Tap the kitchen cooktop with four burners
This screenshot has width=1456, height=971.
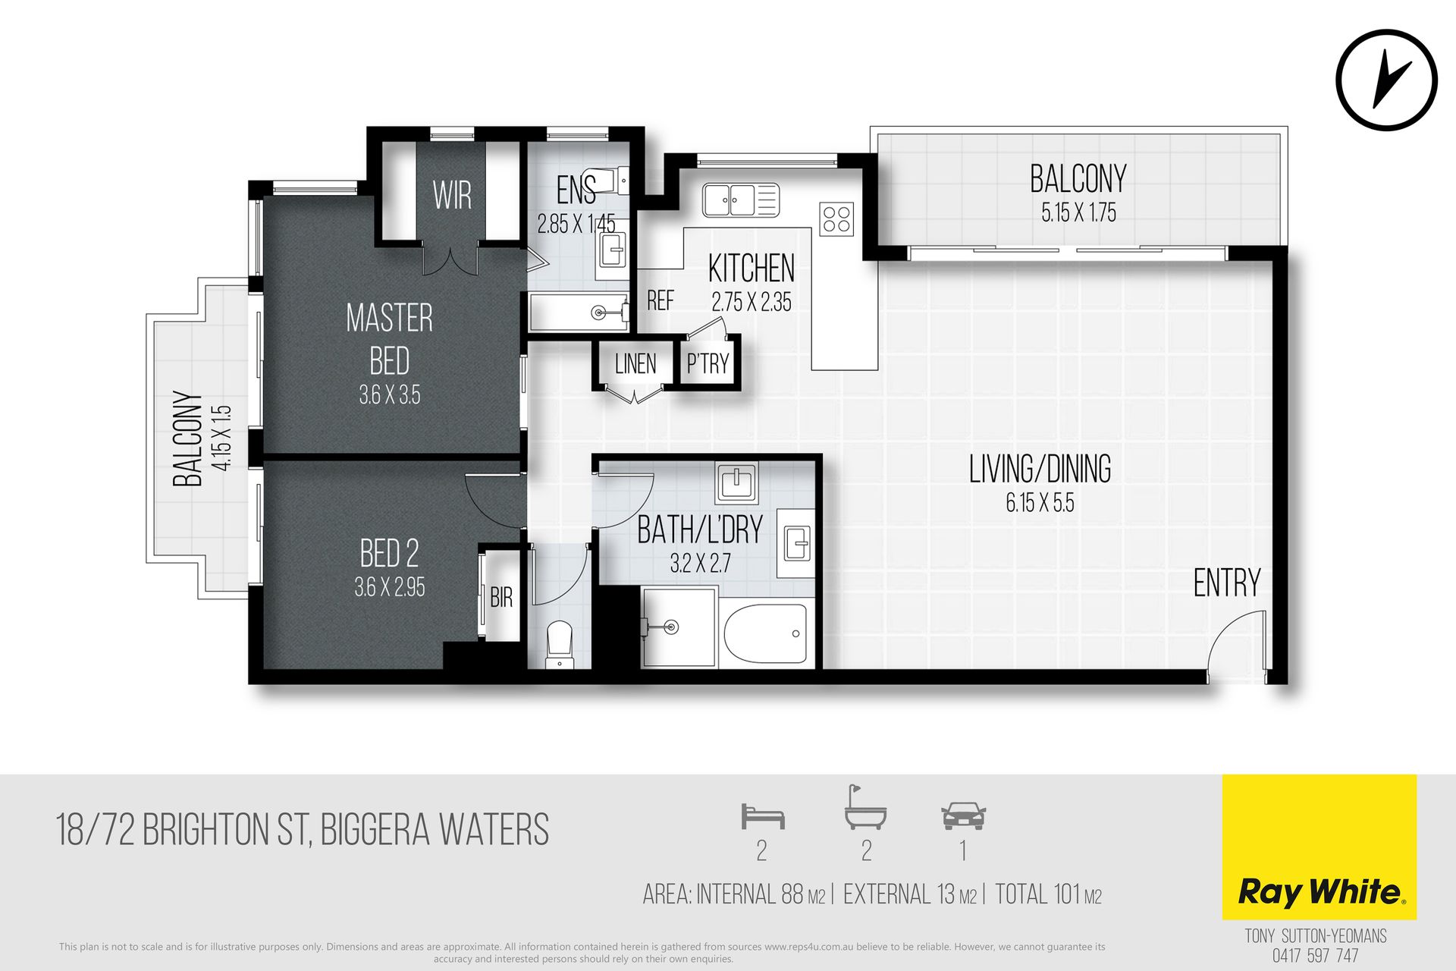pyautogui.click(x=836, y=219)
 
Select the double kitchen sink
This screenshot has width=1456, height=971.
pyautogui.click(x=740, y=200)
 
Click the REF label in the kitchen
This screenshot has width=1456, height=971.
pyautogui.click(x=660, y=301)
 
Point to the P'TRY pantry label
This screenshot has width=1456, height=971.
pyautogui.click(x=708, y=364)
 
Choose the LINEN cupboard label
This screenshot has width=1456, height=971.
pyautogui.click(x=635, y=364)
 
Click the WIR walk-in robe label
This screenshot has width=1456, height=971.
pyautogui.click(x=452, y=196)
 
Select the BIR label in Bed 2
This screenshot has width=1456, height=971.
pyautogui.click(x=501, y=598)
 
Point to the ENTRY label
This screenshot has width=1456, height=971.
pyautogui.click(x=1227, y=583)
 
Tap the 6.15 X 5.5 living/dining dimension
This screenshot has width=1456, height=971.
pyautogui.click(x=1040, y=503)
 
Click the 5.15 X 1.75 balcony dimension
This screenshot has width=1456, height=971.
pyautogui.click(x=1078, y=213)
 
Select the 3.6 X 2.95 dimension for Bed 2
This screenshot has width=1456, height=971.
pyautogui.click(x=390, y=587)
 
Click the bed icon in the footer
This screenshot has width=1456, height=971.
pyautogui.click(x=762, y=816)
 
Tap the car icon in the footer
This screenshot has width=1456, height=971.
pyautogui.click(x=963, y=815)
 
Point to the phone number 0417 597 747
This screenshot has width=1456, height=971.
pyautogui.click(x=1316, y=956)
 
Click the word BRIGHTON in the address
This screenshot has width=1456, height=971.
pyautogui.click(x=206, y=830)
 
